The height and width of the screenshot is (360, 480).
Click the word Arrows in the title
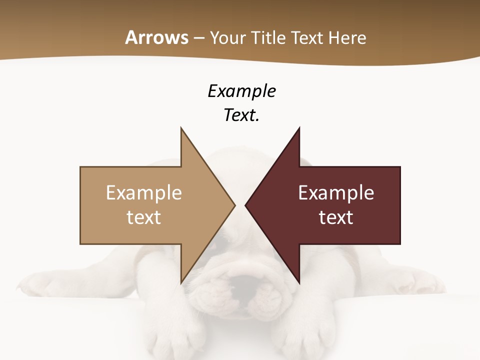coord(157,37)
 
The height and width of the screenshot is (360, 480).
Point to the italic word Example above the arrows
coord(241,91)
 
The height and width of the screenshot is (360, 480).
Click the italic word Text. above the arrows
coord(241,115)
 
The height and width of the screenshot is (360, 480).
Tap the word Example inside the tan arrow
coord(144,192)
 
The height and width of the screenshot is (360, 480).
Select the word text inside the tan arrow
coord(144,217)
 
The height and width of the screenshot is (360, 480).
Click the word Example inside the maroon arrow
coord(336,192)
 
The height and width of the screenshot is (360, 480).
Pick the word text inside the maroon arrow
coord(336,217)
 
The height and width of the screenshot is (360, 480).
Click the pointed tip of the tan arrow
coord(234,205)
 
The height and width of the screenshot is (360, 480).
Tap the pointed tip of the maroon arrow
coord(246,205)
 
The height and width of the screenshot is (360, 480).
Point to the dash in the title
coord(198,38)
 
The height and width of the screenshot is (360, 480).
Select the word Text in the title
coord(307,37)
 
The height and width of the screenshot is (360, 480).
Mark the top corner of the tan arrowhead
coord(181,128)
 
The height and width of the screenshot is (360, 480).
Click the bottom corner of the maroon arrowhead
coord(299,282)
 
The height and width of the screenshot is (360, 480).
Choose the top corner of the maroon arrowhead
coord(299,128)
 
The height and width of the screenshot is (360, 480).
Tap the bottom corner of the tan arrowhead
coord(181,282)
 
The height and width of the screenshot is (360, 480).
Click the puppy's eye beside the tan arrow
coord(218,244)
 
